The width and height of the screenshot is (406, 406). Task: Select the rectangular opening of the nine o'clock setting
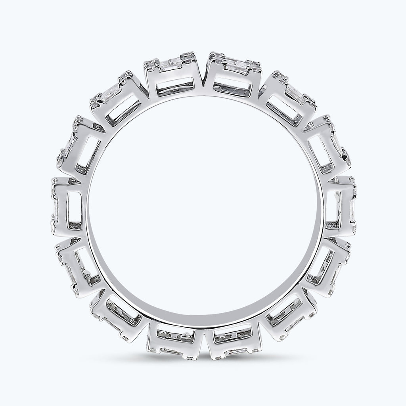pyautogui.click(x=75, y=206)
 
